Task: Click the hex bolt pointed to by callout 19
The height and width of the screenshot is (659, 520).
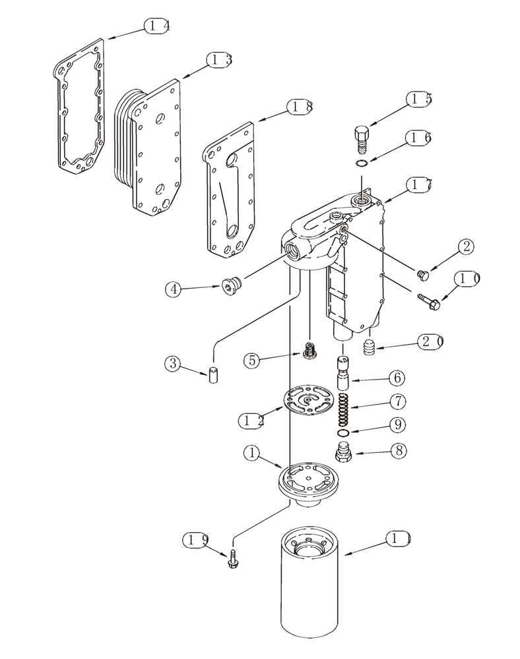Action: pyautogui.click(x=233, y=561)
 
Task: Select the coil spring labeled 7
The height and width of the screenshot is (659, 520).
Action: pyautogui.click(x=343, y=409)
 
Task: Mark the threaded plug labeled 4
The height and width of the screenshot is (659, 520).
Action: pyautogui.click(x=230, y=287)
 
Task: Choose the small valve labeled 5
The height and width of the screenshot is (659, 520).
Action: pyautogui.click(x=309, y=350)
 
